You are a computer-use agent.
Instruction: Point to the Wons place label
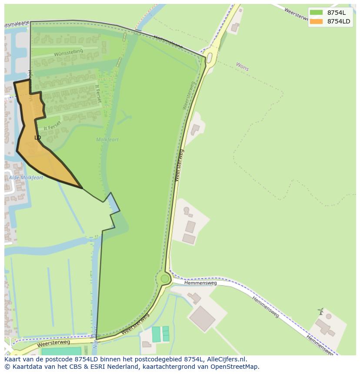click(242, 66)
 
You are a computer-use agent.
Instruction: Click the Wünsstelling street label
click(68, 53)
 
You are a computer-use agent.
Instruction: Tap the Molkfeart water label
click(107, 140)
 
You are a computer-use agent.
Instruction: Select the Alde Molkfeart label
click(26, 178)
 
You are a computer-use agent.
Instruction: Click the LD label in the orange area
click(38, 138)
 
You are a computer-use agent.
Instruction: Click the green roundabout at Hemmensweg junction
click(165, 278)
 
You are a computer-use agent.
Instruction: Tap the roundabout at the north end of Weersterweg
click(210, 57)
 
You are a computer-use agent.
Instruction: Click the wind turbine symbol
click(321, 311)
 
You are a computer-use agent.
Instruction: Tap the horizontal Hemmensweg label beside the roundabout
click(200, 283)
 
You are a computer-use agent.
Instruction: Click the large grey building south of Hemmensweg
click(202, 318)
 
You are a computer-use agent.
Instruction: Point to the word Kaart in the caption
click(13, 359)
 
